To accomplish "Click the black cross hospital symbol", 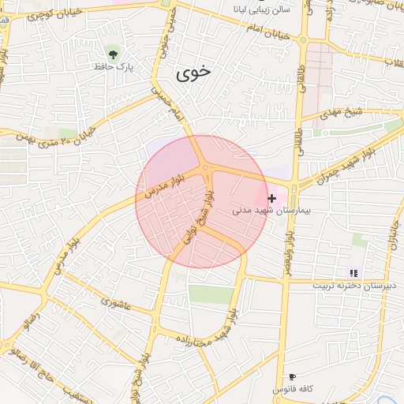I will (272, 199).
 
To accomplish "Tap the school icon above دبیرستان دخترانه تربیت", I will (353, 272).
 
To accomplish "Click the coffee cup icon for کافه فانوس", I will (293, 377).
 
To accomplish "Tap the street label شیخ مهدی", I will (344, 111).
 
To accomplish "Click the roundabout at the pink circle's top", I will (205, 167).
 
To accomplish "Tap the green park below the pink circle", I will (210, 294).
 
